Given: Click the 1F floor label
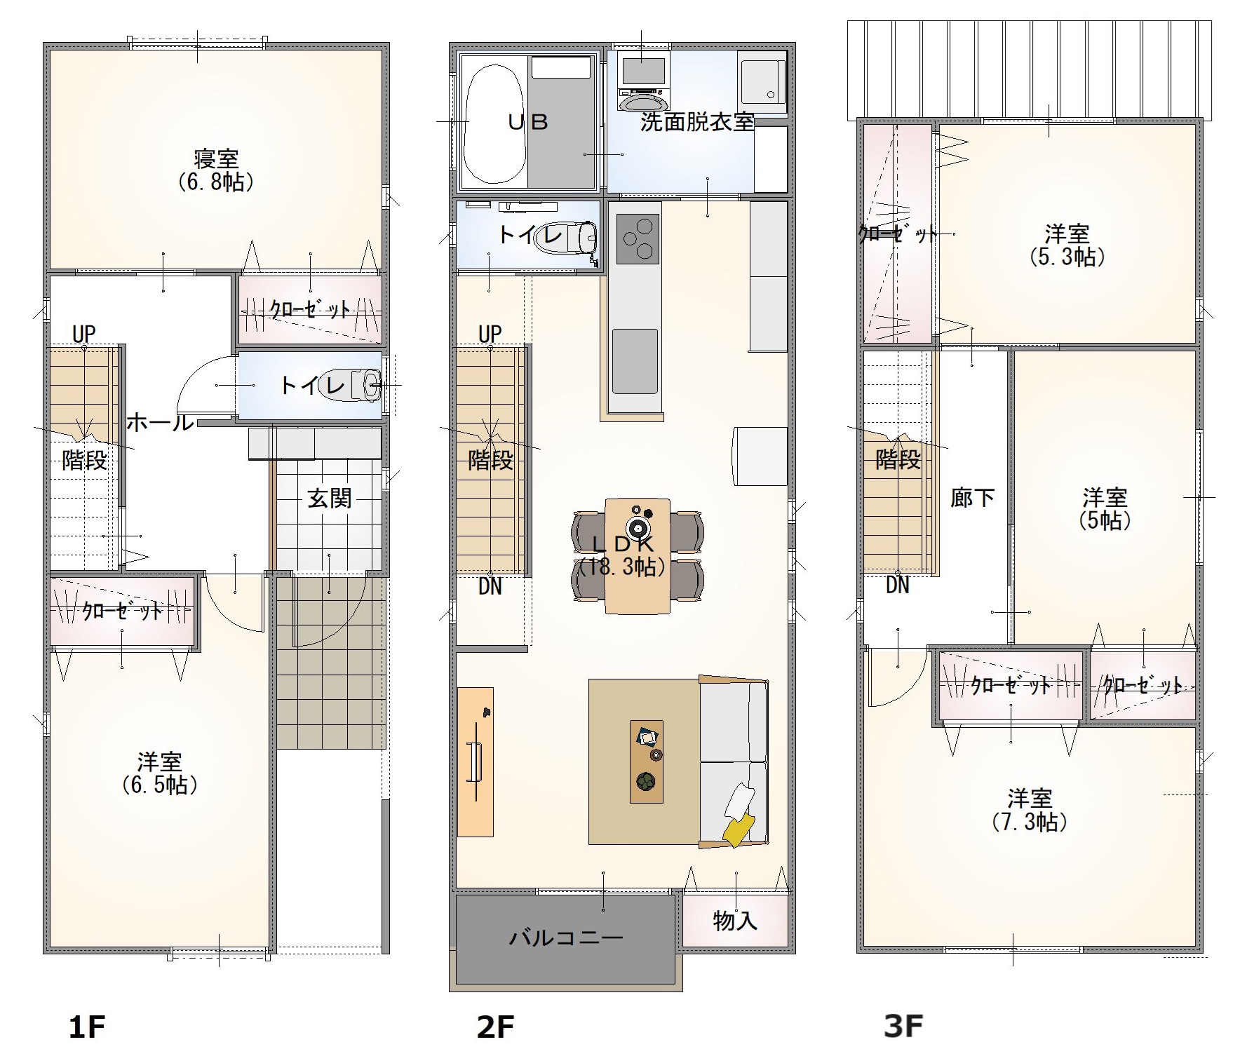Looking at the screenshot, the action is pyautogui.click(x=87, y=1027).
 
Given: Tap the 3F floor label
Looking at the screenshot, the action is pyautogui.click(x=903, y=1026).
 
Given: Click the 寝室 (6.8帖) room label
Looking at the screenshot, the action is pyautogui.click(x=215, y=170).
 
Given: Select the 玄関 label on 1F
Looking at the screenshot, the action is pyautogui.click(x=330, y=499).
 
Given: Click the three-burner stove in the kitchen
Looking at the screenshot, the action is pyautogui.click(x=638, y=239).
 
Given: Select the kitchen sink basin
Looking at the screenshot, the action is pyautogui.click(x=635, y=362).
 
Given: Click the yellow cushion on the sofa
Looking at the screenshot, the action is pyautogui.click(x=739, y=830).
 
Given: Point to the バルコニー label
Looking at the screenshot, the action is pyautogui.click(x=566, y=938).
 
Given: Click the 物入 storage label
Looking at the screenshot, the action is pyautogui.click(x=735, y=921).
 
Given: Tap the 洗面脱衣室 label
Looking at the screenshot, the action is pyautogui.click(x=697, y=122).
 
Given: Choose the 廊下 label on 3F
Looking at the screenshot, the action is pyautogui.click(x=972, y=498).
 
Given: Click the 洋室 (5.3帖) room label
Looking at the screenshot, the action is pyautogui.click(x=1067, y=245).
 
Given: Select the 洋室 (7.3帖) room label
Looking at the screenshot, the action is pyautogui.click(x=1030, y=810).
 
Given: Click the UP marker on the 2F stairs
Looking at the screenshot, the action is pyautogui.click(x=490, y=334).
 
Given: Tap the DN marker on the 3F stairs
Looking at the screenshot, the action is pyautogui.click(x=898, y=584).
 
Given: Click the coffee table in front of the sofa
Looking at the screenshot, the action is pyautogui.click(x=646, y=762).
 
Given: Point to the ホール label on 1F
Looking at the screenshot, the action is pyautogui.click(x=160, y=422).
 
